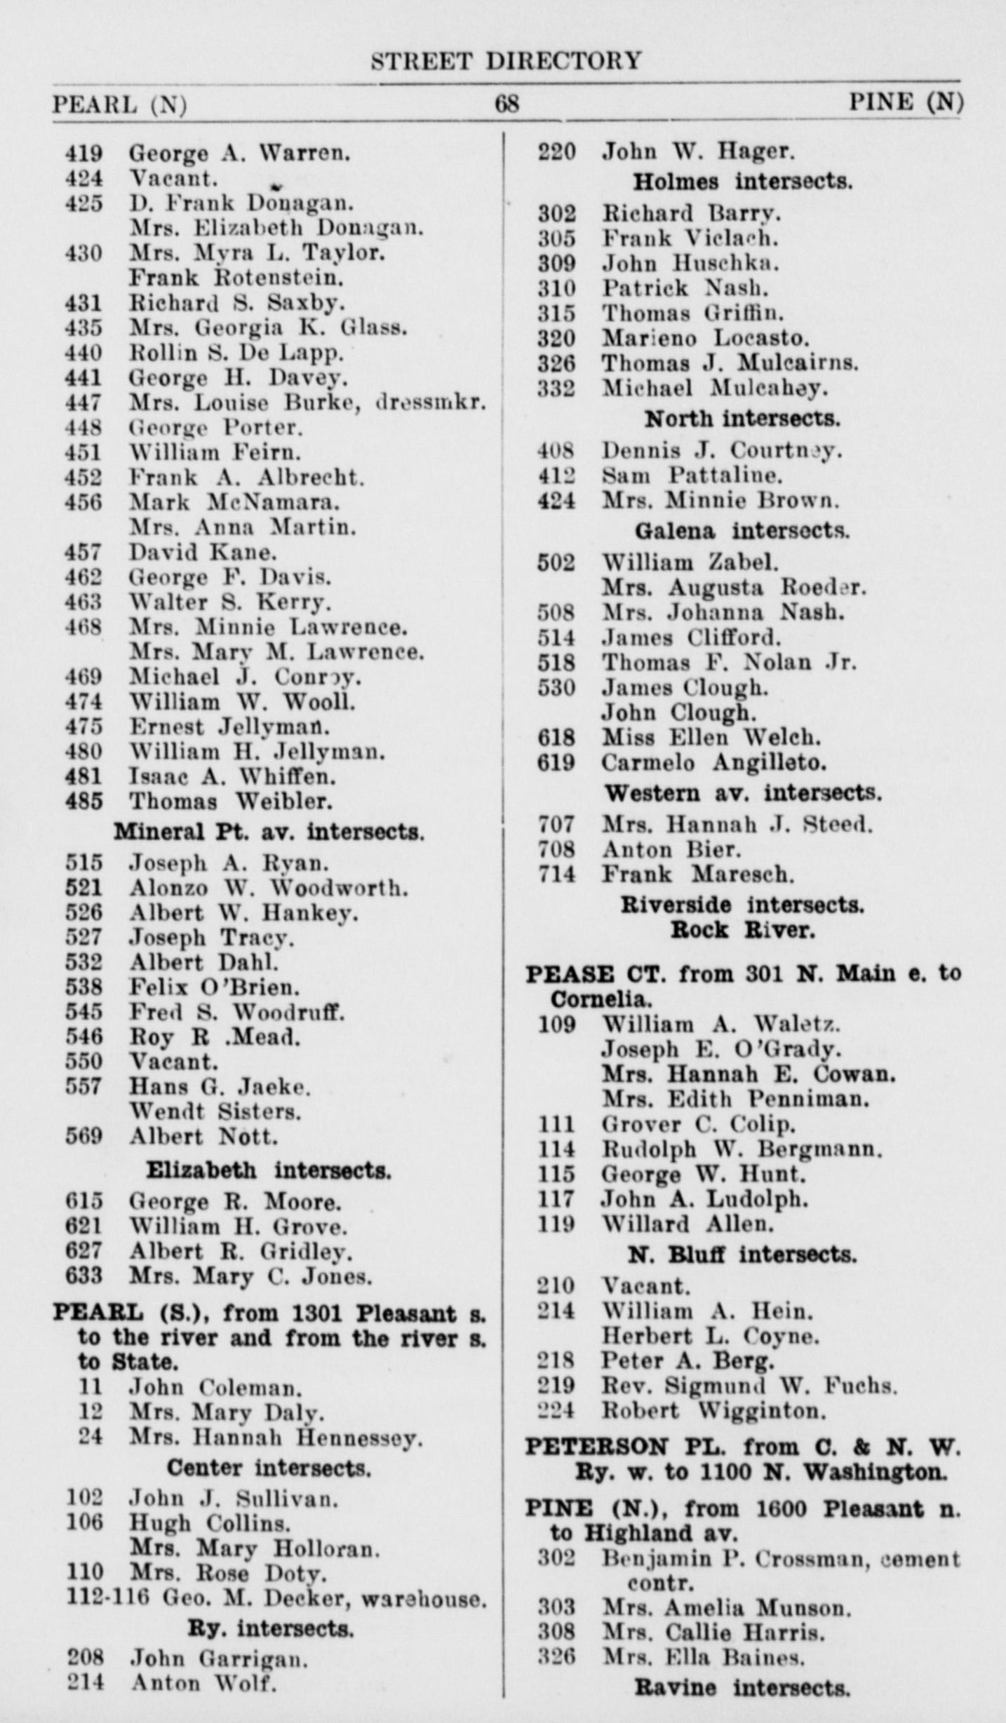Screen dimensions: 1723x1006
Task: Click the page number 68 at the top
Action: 507,104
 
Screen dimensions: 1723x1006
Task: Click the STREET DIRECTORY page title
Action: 506,61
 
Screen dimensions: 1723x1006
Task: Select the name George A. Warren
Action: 239,153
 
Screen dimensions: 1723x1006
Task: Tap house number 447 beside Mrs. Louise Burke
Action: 83,403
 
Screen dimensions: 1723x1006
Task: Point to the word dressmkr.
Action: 431,403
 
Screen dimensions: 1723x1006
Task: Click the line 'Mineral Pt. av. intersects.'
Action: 269,832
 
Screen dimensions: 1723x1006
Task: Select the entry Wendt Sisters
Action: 215,1111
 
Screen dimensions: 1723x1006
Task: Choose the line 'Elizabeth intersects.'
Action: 269,1170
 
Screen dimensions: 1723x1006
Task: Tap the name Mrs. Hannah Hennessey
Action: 276,1439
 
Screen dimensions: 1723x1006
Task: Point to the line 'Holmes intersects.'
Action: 743,182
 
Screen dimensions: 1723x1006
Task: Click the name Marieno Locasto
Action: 706,338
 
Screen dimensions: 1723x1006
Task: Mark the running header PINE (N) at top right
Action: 906,103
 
